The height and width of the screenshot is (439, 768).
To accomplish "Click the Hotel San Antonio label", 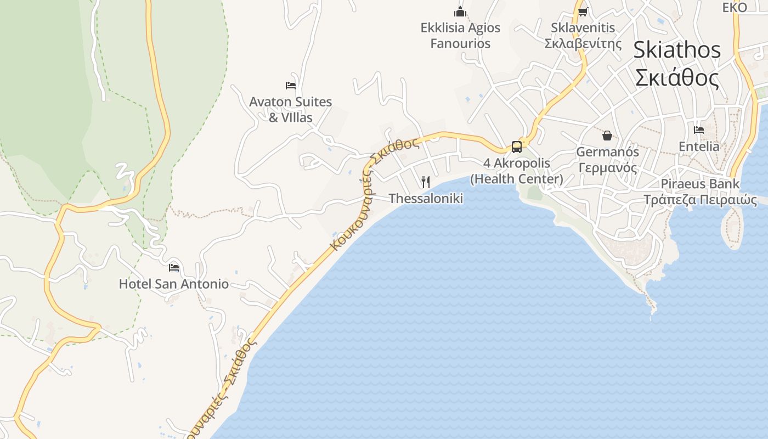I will pos(174,284).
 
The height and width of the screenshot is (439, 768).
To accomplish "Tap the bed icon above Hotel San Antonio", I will pos(174,267).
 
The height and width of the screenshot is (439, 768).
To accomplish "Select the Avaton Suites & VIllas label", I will pos(290,109).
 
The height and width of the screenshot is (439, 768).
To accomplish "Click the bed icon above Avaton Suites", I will pos(291,85).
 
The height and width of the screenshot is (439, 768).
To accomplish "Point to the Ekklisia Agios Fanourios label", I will pos(460,35).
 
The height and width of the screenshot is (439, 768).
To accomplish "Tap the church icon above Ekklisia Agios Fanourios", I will pos(460,11).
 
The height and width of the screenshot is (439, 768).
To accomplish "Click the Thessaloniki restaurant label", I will pos(426,198).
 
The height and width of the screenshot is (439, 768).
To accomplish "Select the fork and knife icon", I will pos(425,182).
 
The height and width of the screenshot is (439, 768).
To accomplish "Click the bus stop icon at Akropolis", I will pos(517,147).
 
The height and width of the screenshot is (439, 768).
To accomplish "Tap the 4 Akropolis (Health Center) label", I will pos(517,171).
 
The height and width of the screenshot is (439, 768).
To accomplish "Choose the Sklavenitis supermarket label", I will pos(583,35).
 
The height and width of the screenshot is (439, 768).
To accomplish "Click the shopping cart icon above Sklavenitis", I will pos(583,12).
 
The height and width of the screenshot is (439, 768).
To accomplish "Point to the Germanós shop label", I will pos(607,160).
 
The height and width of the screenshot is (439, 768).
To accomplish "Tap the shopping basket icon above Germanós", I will pos(607,135).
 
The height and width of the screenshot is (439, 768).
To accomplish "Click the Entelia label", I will pos(699,147).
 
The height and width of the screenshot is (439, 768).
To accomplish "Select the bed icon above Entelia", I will pos(699,130).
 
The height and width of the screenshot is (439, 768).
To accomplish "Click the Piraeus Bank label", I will pos(700,192).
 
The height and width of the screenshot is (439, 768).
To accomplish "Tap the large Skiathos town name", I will pos(677,50).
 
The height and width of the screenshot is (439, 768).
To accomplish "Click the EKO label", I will pos(735,7).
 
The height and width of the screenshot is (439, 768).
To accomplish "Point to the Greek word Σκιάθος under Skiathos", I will pos(677,78).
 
